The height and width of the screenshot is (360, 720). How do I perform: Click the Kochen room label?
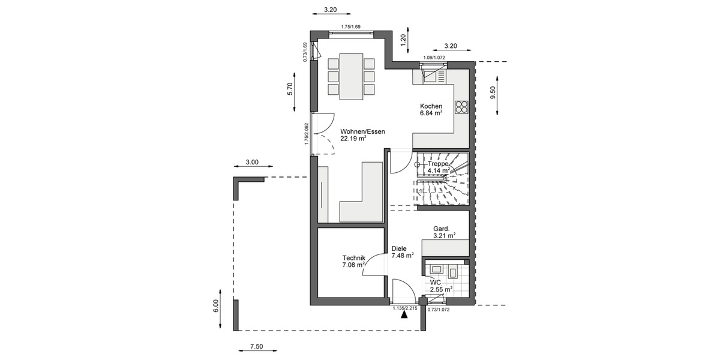pos(431,106)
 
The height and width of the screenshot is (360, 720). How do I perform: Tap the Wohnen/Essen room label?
pos(362,131)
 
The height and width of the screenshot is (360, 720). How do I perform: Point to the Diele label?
pos(399,248)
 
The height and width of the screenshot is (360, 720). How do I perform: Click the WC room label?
pos(436,281)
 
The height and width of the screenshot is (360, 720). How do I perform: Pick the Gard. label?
pos(442,229)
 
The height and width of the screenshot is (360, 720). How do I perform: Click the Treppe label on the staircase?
pos(438,163)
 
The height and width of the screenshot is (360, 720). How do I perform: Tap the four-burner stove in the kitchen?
pos(461,107)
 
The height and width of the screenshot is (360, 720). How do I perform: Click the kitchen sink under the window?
pos(430,75)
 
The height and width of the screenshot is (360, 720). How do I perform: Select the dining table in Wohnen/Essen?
pos(351,76)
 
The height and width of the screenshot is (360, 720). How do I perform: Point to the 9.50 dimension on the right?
pos(493,92)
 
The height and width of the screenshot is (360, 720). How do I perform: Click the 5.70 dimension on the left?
pos(289,89)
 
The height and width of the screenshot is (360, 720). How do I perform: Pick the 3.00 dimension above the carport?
pos(252,162)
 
